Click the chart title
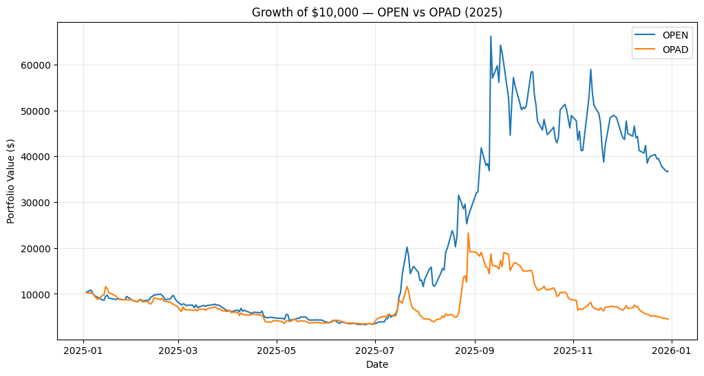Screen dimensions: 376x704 tap(377, 12)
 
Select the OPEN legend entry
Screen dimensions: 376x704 tap(674, 34)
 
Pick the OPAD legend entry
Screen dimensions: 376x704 tap(674, 49)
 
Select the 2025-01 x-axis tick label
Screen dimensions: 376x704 tap(83, 351)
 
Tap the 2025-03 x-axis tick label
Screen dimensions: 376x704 tap(178, 351)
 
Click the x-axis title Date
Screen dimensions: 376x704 tap(377, 364)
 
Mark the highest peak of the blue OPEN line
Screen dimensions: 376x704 tap(491, 36)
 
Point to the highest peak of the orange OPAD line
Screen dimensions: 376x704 tap(469, 233)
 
